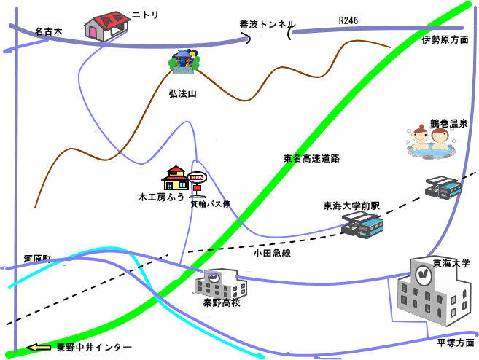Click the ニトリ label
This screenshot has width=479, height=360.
(x=144, y=14)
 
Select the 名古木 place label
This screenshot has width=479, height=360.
(x=49, y=32)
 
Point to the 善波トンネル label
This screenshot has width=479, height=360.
(x=267, y=23)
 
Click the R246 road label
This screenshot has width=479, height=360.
(x=348, y=20)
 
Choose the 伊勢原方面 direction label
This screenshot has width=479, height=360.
(x=445, y=40)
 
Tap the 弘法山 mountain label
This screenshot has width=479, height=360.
(x=182, y=93)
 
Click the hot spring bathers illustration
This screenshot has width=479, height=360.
(x=430, y=141)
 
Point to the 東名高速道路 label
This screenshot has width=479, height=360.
(x=312, y=157)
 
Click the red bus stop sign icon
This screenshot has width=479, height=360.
(x=197, y=178)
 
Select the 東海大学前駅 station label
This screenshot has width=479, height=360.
(x=352, y=206)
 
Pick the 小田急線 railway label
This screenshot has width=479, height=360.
(x=272, y=253)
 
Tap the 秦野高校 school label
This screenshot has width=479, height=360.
(x=222, y=302)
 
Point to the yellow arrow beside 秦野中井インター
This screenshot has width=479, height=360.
(x=38, y=348)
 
